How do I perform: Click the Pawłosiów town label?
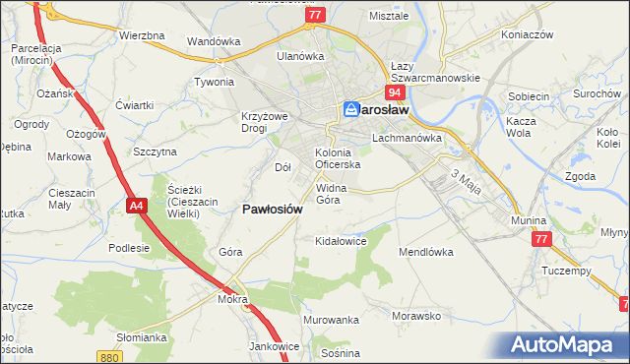point(279,209)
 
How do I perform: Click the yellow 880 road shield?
point(110,356)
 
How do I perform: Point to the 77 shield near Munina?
point(539,239)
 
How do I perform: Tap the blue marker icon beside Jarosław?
point(351,110)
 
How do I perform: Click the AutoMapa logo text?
point(568,345)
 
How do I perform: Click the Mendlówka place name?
point(424,252)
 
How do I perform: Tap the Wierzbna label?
point(141,35)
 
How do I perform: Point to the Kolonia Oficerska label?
point(338,158)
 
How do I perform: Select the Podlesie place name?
point(129,248)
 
